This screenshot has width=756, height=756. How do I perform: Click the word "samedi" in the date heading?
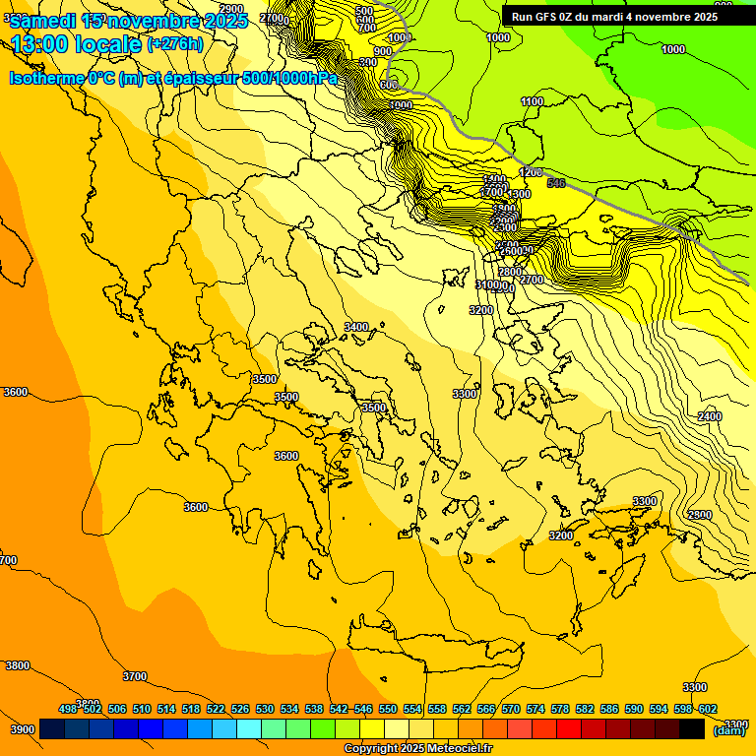click(43, 22)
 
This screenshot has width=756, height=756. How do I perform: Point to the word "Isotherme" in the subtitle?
click(46, 79)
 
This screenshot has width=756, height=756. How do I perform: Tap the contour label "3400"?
click(356, 327)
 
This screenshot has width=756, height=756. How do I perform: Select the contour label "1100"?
click(532, 101)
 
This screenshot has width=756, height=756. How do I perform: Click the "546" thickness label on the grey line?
click(556, 183)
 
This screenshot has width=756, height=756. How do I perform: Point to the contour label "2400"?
click(710, 416)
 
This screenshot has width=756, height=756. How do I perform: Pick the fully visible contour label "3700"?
click(135, 676)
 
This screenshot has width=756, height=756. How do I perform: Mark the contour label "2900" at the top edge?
click(231, 9)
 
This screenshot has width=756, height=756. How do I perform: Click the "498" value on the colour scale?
click(68, 709)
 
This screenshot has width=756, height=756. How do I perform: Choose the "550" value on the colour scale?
click(388, 709)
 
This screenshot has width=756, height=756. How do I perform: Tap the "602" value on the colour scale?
click(708, 709)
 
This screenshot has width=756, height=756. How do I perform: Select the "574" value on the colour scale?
click(535, 709)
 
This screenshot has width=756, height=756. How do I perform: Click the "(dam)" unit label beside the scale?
click(728, 729)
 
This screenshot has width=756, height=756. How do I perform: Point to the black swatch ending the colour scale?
click(692, 728)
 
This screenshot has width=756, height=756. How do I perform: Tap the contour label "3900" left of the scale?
click(22, 729)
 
